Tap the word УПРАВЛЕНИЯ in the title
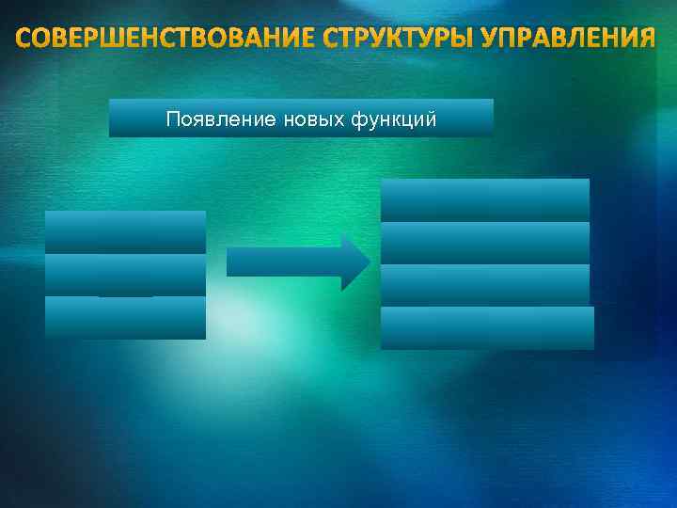click(x=566, y=40)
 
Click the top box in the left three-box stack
click(x=125, y=231)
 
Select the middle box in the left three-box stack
click(x=125, y=275)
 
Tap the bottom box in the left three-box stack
click(x=125, y=318)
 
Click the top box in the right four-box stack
click(x=484, y=199)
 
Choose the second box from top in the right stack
click(x=484, y=243)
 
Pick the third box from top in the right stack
click(x=484, y=285)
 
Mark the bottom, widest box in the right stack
click(x=487, y=328)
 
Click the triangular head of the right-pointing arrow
click(x=355, y=262)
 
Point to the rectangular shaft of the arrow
click(x=283, y=262)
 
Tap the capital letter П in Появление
click(x=171, y=119)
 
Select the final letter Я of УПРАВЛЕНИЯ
click(x=645, y=40)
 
